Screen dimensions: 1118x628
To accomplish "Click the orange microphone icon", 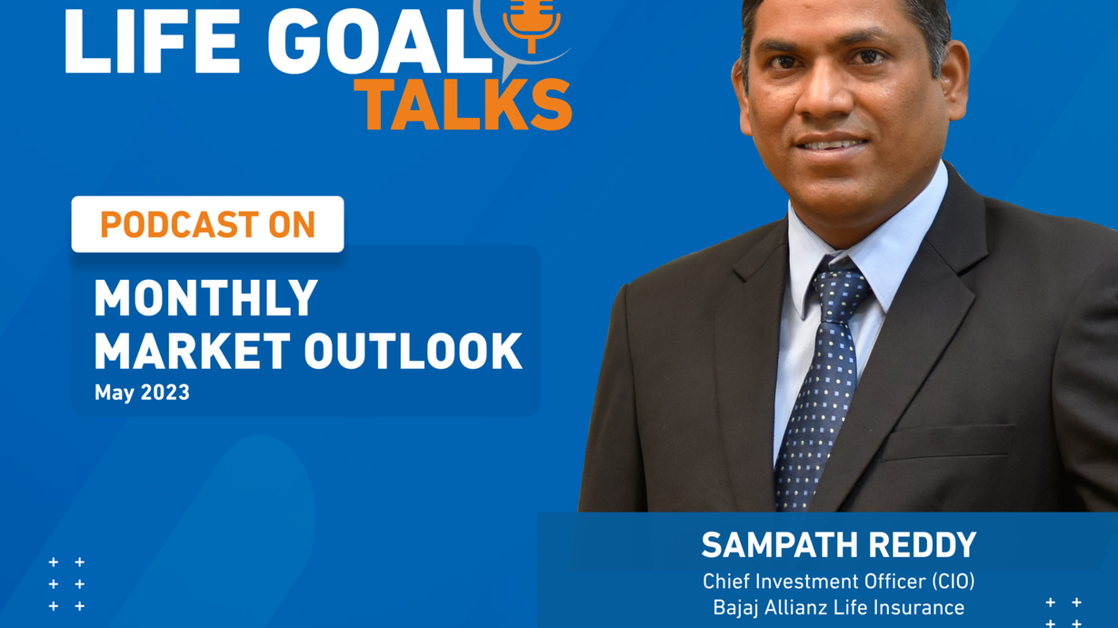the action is click(531, 23).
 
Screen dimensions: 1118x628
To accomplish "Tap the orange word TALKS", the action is click(464, 105).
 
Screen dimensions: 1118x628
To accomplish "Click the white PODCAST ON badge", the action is click(207, 224).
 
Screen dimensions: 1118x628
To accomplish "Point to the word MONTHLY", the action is click(206, 297).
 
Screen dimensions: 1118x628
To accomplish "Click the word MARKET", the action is click(193, 352).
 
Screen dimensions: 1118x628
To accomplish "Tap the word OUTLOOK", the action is click(414, 352).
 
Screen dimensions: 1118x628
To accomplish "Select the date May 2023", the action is click(142, 393).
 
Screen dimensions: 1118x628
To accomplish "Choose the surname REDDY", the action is click(923, 544).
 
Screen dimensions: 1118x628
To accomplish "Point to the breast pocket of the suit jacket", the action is click(949, 443).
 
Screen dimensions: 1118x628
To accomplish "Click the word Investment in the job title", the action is click(802, 582).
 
